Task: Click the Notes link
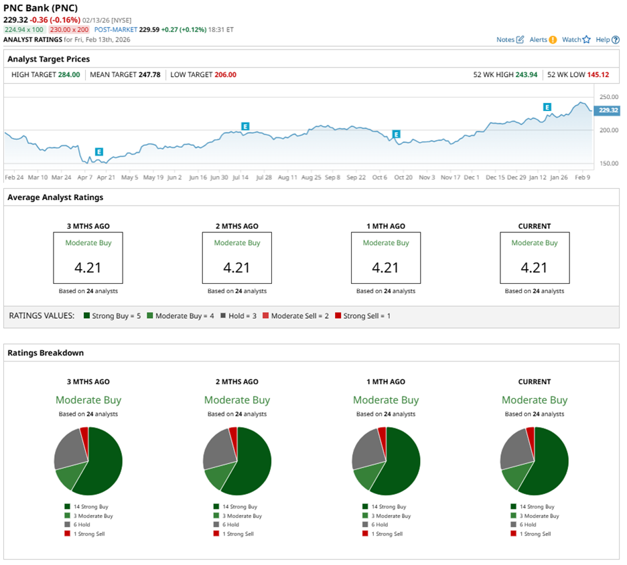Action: click(x=510, y=39)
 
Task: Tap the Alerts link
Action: click(x=543, y=39)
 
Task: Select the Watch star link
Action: click(x=576, y=39)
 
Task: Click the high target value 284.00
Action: click(x=69, y=74)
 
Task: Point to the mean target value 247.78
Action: click(x=149, y=74)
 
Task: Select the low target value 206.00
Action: click(x=225, y=74)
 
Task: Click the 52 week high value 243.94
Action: click(x=527, y=74)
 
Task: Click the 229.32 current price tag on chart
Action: click(x=608, y=110)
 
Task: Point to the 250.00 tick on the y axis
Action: click(x=608, y=97)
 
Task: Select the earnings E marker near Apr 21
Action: click(x=99, y=152)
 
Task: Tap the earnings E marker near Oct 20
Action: click(x=397, y=135)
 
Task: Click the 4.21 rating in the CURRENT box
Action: click(x=534, y=268)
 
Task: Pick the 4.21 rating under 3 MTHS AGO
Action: click(x=88, y=268)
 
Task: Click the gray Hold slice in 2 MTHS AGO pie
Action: click(x=217, y=448)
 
